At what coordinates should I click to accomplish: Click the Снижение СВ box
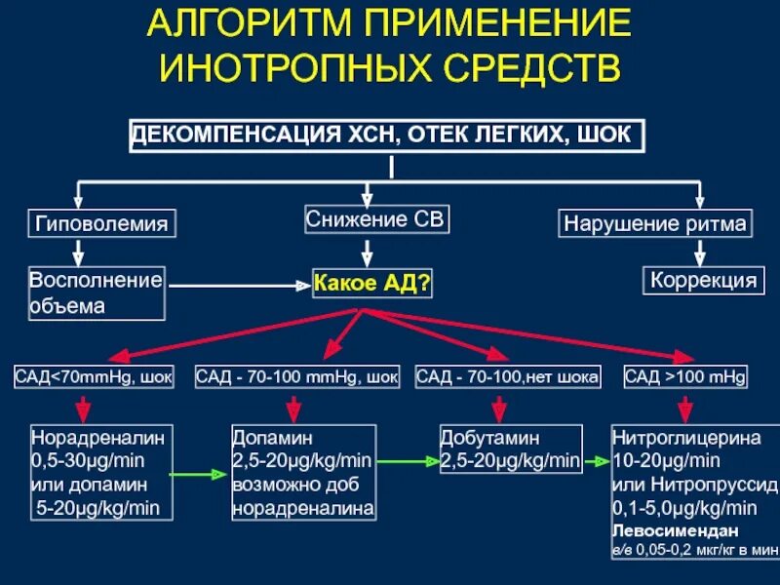[376, 219]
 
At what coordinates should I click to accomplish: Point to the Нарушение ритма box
[655, 223]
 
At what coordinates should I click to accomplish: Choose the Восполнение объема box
[96, 292]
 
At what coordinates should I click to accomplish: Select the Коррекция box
[701, 281]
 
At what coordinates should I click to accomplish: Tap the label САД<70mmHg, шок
[94, 376]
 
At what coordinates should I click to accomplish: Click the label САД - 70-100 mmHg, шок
[297, 376]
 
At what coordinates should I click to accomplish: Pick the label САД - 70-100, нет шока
[507, 376]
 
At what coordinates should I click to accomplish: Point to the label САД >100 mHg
[684, 376]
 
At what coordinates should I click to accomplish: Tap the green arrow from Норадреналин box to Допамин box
[200, 475]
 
